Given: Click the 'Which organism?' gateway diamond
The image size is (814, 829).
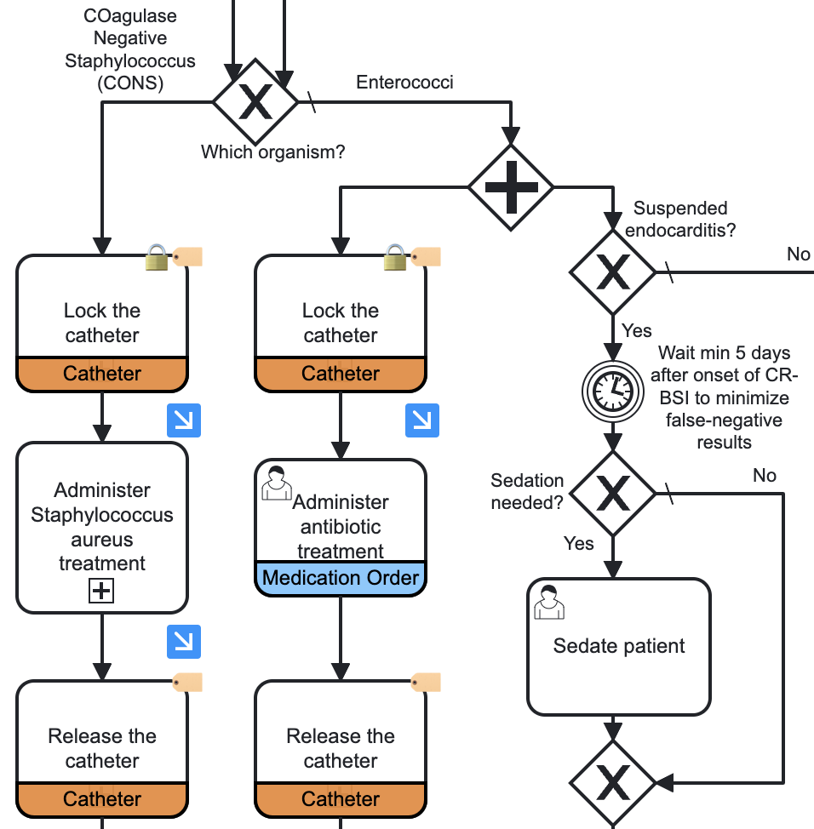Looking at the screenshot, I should click(x=255, y=102).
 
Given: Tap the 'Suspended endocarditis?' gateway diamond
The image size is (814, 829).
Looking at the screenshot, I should click(x=612, y=272).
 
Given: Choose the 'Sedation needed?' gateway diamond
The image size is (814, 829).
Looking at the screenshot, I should click(x=612, y=493).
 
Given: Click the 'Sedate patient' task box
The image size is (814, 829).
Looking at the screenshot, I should click(x=618, y=647).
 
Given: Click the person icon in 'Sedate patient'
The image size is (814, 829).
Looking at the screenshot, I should click(x=549, y=601).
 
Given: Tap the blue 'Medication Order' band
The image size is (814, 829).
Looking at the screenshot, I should click(x=341, y=578).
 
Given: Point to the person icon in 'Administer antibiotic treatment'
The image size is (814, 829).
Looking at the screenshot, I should click(x=277, y=482).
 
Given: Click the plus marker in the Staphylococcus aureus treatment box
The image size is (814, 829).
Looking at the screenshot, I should click(x=101, y=591).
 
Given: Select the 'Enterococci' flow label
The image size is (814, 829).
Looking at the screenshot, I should click(x=404, y=83).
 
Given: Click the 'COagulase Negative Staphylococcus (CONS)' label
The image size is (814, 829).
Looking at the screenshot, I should click(x=130, y=49).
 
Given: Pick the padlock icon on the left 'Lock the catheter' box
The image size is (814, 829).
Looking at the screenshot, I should click(x=157, y=257).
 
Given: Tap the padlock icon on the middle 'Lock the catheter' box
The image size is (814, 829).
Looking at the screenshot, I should click(x=395, y=257).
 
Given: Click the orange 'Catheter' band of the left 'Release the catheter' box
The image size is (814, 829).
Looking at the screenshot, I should click(x=102, y=798).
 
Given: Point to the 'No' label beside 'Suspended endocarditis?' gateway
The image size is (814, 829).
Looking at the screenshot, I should click(x=798, y=254).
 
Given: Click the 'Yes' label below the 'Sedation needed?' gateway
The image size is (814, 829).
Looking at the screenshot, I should click(x=579, y=543).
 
